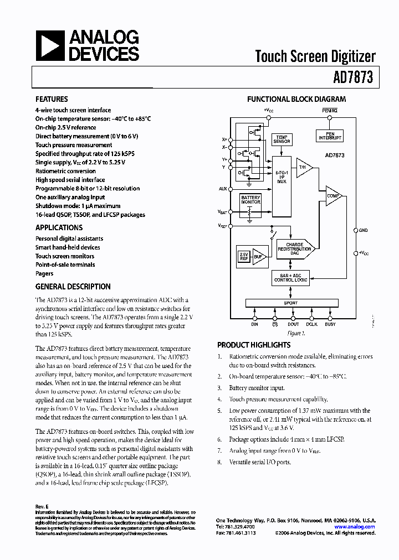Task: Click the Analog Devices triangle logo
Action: click(x=50, y=46)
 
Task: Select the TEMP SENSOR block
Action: click(x=282, y=139)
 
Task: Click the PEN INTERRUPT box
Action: click(x=330, y=136)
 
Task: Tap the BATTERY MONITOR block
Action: click(x=250, y=200)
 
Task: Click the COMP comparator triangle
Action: click(x=333, y=196)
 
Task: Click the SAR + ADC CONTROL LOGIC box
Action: click(x=290, y=278)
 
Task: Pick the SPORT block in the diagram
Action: click(x=290, y=303)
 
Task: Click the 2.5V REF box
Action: click(x=243, y=256)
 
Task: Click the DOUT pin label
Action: click(x=293, y=324)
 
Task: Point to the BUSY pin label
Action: click(x=330, y=324)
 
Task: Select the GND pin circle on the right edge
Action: click(x=355, y=230)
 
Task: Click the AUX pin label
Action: click(x=223, y=189)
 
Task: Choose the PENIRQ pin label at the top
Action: click(x=329, y=111)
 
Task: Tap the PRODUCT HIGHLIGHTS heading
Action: click(x=253, y=345)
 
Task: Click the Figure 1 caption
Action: click(x=296, y=333)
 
